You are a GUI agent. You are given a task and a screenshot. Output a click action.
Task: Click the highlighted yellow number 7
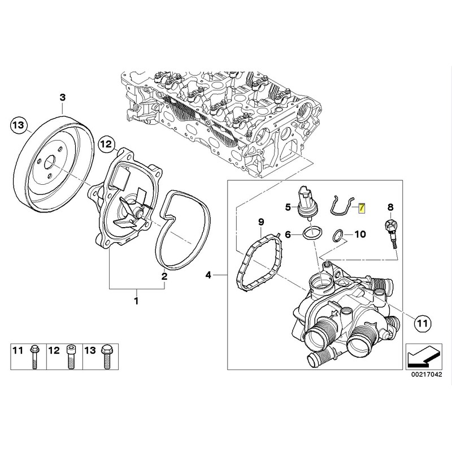[x=362, y=208]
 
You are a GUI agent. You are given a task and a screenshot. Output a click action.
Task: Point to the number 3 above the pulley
[x=62, y=98]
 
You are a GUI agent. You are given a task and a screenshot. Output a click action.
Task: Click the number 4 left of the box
[x=208, y=276]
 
